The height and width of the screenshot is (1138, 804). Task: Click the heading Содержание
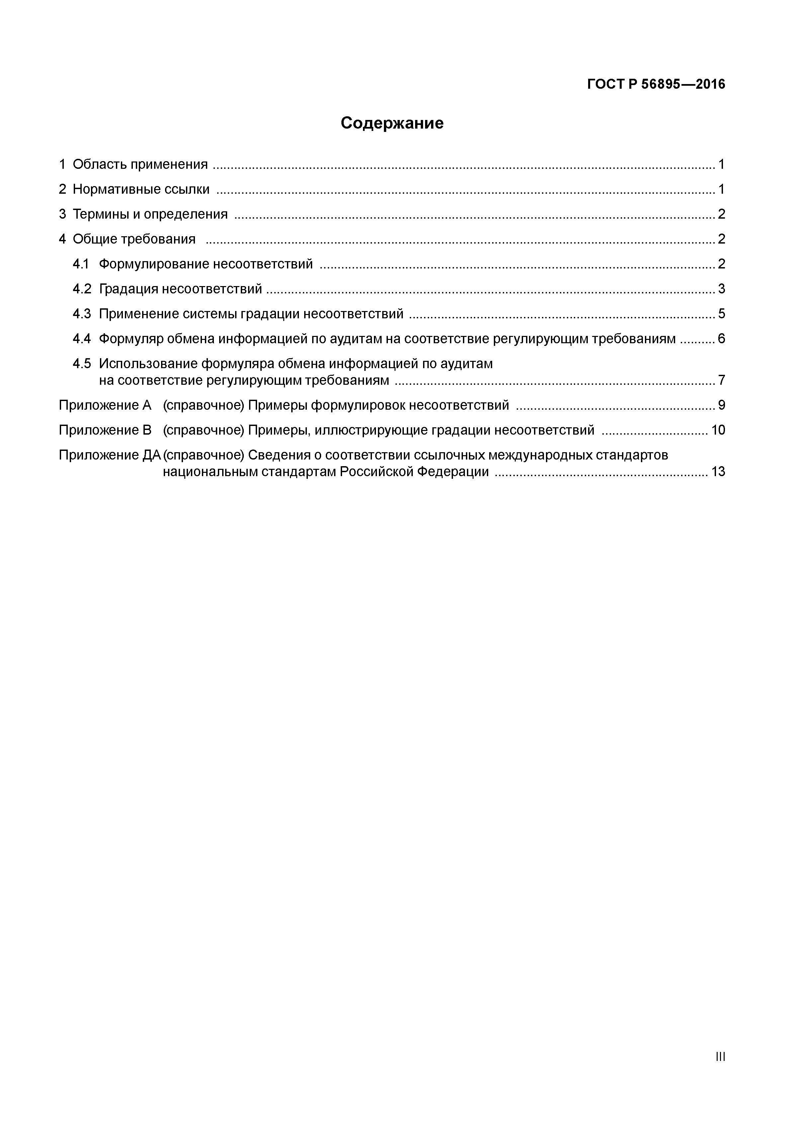point(392,123)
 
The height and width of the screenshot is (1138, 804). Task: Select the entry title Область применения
point(140,164)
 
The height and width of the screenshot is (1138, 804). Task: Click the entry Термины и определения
point(150,214)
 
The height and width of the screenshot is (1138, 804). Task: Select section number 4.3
point(82,314)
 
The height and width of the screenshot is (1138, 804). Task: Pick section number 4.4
point(82,339)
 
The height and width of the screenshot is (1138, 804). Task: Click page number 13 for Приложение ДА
point(718,471)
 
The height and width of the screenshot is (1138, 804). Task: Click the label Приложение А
point(105,405)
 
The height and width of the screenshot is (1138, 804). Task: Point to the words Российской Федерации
point(414,471)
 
